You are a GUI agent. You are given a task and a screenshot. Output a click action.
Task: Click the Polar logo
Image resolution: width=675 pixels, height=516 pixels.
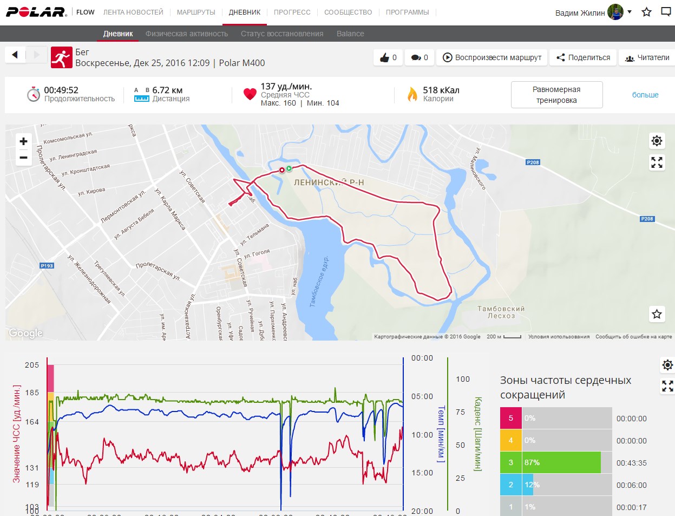coord(36,12)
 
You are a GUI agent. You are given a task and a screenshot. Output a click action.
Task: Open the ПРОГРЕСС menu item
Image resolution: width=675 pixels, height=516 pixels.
coord(292,12)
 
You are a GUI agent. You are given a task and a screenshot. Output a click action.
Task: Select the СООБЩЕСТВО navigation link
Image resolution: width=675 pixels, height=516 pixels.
coord(348,12)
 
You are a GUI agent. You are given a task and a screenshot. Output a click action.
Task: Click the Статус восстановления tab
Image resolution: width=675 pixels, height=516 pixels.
coord(282,34)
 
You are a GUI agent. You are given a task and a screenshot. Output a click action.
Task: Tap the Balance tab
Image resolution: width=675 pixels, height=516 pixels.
coord(350,34)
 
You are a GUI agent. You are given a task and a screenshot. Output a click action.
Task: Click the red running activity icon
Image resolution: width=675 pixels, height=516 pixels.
coord(62,57)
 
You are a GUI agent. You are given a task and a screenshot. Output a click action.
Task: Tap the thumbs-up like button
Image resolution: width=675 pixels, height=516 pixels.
coord(388,57)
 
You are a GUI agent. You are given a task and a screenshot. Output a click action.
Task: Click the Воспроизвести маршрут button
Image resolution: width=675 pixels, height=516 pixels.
coord(492,57)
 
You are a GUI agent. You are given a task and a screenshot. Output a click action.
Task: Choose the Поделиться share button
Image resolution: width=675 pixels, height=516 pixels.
coord(583,57)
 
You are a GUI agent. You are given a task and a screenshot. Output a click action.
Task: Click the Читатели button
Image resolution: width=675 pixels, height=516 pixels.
coord(647,57)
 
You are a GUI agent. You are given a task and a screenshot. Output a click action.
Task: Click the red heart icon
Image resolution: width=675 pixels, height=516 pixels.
coord(250,94)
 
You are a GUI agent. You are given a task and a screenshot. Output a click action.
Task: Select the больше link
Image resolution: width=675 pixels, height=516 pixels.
coord(645,95)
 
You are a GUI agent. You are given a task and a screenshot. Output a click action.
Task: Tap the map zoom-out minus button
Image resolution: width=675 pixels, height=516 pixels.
coord(23,158)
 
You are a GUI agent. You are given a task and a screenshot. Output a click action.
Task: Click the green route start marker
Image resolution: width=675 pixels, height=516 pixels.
coord(289,168)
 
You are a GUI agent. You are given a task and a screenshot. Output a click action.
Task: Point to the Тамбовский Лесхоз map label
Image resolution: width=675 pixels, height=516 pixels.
coord(501,312)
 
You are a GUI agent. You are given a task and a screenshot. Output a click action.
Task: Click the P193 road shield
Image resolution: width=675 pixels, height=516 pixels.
coord(47,266)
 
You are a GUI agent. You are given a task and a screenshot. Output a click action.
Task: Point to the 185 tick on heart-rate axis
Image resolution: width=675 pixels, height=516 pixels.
coord(32,393)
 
